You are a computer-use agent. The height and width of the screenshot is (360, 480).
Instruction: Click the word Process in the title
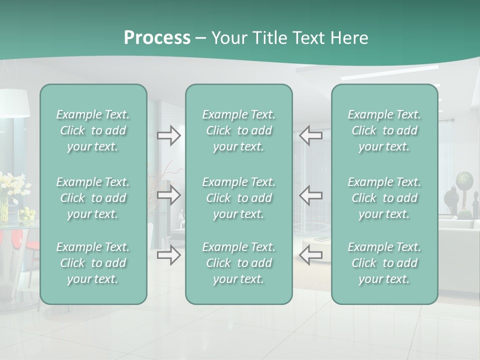157,38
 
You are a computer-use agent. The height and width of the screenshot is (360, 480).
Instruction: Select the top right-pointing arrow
169,135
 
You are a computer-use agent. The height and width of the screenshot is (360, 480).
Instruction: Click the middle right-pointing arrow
169,195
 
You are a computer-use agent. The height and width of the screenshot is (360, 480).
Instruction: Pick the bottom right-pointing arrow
169,255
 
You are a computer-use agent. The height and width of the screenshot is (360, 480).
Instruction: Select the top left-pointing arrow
310,135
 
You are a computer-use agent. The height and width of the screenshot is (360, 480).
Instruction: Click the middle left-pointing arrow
310,195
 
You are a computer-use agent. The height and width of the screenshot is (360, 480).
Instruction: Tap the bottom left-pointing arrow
310,255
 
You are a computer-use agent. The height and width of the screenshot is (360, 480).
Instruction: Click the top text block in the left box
93,130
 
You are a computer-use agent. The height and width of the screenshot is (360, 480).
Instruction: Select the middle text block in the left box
93,198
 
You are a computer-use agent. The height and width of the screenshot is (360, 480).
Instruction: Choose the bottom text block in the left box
93,263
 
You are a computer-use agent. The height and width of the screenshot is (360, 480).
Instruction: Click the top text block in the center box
238,130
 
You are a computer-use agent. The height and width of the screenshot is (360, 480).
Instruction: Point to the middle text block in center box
238,198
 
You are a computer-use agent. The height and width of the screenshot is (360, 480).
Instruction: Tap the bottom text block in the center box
238,263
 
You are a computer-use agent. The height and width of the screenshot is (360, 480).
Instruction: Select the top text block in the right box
384,130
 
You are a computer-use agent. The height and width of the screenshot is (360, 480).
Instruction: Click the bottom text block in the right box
384,263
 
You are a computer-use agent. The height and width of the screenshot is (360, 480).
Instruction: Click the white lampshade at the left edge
15,103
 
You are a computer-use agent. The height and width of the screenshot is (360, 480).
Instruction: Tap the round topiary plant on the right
464,179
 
